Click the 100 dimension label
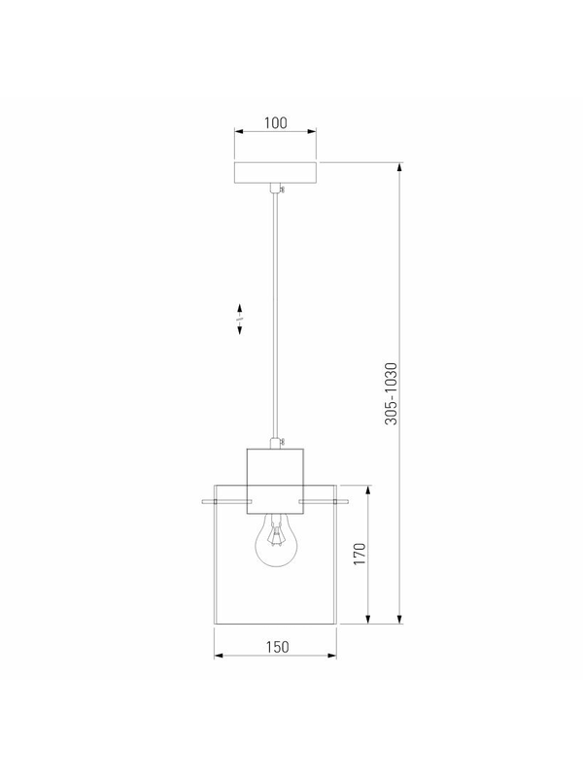[x=275, y=122]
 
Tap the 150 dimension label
[x=277, y=647]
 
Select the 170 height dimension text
[x=360, y=554]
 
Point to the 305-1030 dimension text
[x=392, y=393]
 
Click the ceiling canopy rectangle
[x=275, y=172]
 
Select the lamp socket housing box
[x=275, y=481]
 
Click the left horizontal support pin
[x=224, y=502]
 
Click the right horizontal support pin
[x=324, y=502]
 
